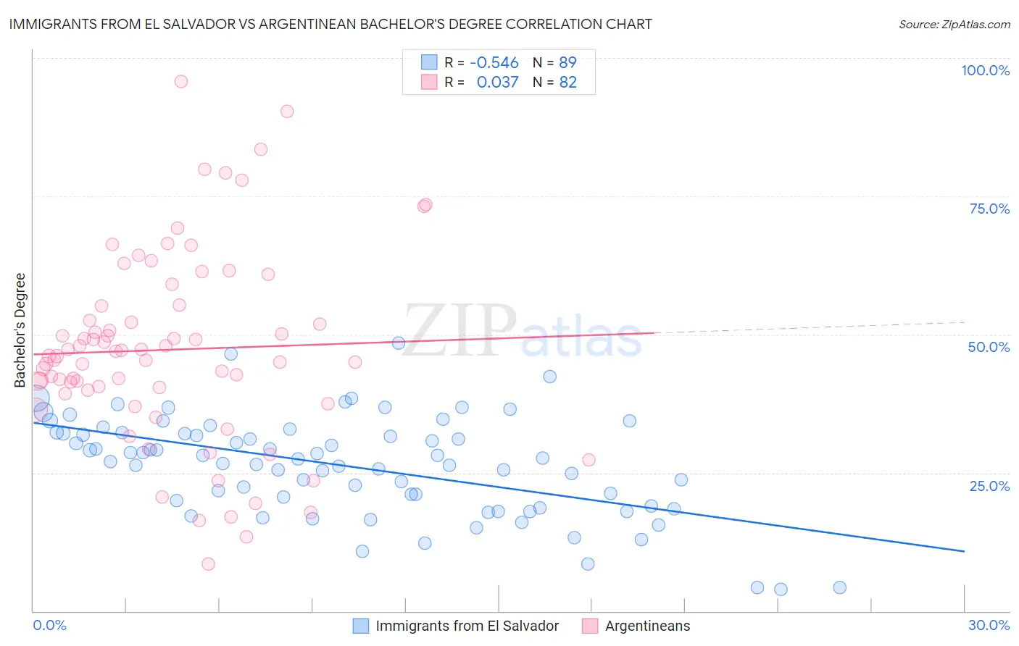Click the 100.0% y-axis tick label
[x=985, y=70]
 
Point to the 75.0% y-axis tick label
[x=989, y=209]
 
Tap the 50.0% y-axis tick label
[x=989, y=347]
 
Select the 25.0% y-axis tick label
[x=989, y=486]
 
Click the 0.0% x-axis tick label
[x=49, y=625]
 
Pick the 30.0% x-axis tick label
[x=989, y=625]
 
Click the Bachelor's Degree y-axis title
[x=20, y=330]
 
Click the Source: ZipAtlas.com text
[x=954, y=25]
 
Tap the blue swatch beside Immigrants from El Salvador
[x=361, y=626]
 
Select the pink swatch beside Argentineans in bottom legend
[x=590, y=626]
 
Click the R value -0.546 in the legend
[x=494, y=63]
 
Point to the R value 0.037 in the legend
[x=497, y=83]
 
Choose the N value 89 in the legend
[x=567, y=63]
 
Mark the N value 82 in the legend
[x=567, y=83]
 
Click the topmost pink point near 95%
[x=181, y=81]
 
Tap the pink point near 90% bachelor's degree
[x=287, y=112]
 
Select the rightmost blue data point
[x=839, y=587]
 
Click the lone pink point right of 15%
[x=588, y=460]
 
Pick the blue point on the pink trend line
[x=399, y=343]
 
